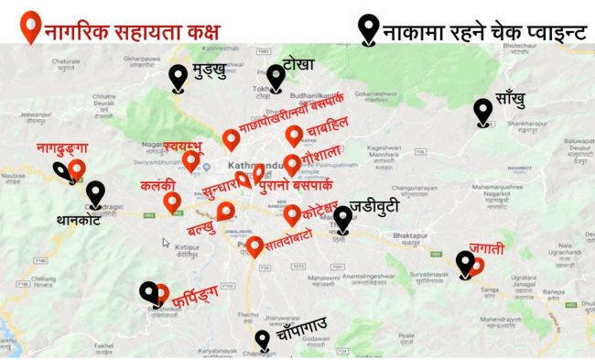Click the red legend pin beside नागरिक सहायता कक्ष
(x=31, y=27)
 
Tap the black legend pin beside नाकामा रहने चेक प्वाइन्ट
(x=369, y=28)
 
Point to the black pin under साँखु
(x=482, y=112)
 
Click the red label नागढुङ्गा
(x=61, y=147)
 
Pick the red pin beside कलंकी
(x=171, y=202)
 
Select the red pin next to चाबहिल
(x=294, y=136)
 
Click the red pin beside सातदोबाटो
(x=255, y=245)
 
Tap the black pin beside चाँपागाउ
(x=263, y=340)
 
